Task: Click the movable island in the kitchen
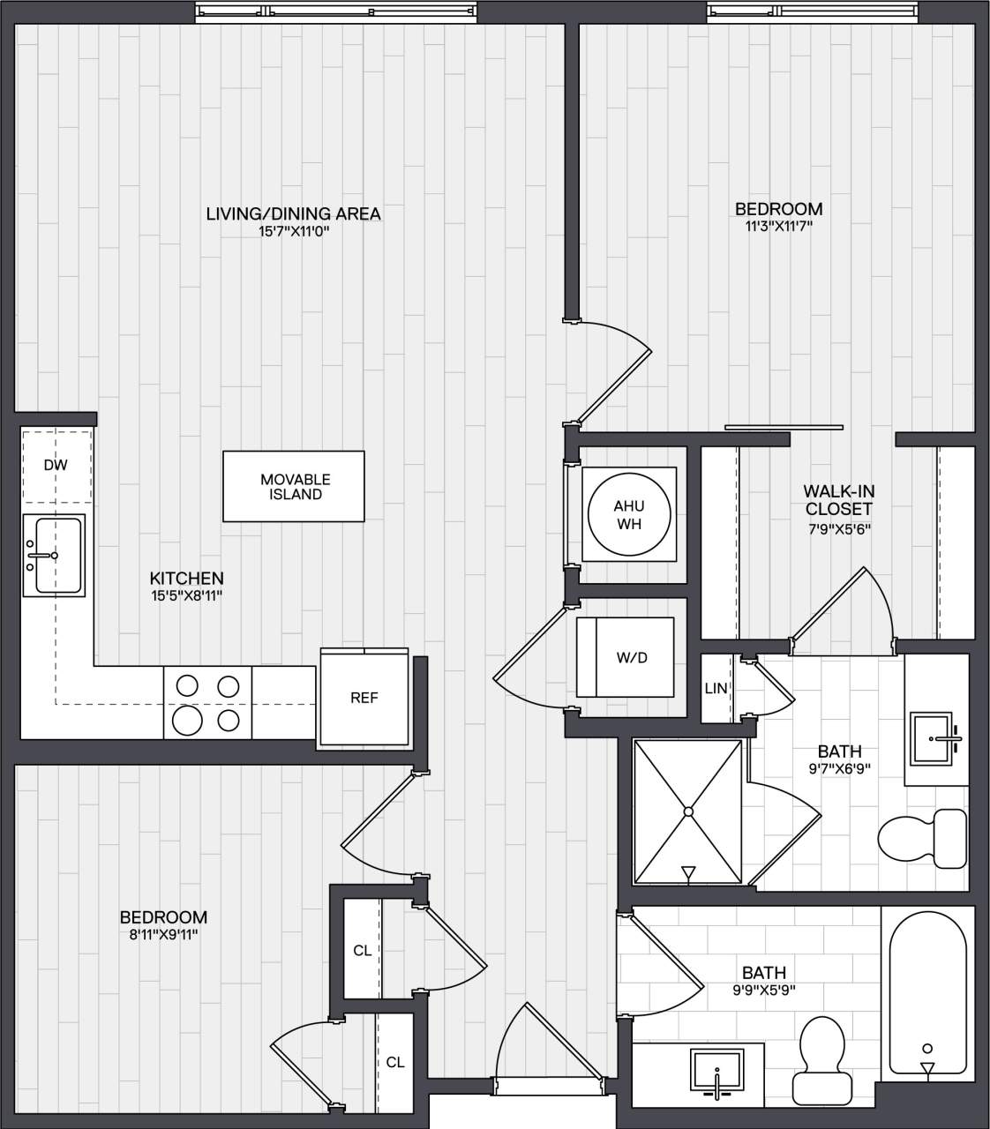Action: (x=294, y=486)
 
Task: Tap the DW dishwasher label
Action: (x=55, y=465)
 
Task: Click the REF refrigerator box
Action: (x=364, y=698)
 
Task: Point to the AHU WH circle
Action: (x=628, y=513)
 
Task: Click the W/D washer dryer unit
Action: (x=626, y=658)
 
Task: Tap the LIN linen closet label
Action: (x=716, y=688)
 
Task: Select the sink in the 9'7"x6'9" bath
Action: (x=936, y=733)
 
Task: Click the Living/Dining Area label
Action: (x=293, y=213)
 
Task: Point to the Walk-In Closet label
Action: (x=838, y=500)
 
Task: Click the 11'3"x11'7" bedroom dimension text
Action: (x=778, y=226)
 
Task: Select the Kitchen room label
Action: (x=186, y=579)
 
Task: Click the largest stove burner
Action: (x=187, y=721)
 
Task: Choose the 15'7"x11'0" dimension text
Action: (x=293, y=231)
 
